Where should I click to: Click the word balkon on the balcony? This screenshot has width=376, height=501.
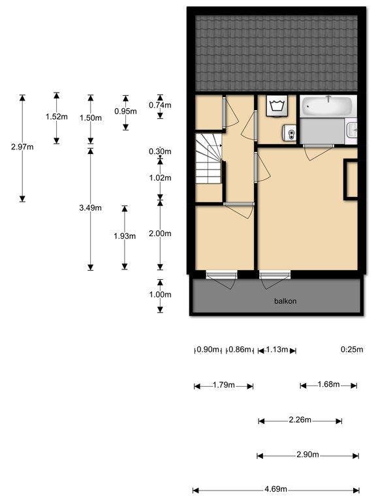pyautogui.click(x=285, y=301)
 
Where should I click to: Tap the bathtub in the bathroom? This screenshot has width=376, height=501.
pyautogui.click(x=328, y=106)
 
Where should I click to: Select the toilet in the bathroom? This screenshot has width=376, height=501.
pyautogui.click(x=290, y=134)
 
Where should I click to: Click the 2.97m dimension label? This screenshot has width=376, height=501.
pyautogui.click(x=22, y=147)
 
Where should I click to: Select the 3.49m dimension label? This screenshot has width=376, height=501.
pyautogui.click(x=90, y=207)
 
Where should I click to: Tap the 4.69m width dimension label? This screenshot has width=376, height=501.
pyautogui.click(x=276, y=489)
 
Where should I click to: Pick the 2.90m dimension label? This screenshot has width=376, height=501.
pyautogui.click(x=307, y=455)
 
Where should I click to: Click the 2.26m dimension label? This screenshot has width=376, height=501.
pyautogui.click(x=300, y=420)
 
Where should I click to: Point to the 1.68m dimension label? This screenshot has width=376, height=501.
pyautogui.click(x=328, y=384)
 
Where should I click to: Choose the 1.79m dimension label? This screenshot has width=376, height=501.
pyautogui.click(x=223, y=385)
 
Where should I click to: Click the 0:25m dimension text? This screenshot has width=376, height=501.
pyautogui.click(x=351, y=350)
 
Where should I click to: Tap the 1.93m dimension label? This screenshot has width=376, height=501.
pyautogui.click(x=125, y=235)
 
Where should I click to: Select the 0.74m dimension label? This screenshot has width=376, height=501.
pyautogui.click(x=160, y=105)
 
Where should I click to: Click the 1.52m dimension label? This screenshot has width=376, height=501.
pyautogui.click(x=56, y=117)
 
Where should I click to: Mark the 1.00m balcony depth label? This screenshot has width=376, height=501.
pyautogui.click(x=160, y=294)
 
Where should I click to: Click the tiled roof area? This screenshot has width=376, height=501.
pyautogui.click(x=277, y=52)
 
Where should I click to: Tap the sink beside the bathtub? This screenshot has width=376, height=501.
pyautogui.click(x=352, y=130)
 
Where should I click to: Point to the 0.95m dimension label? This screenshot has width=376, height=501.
pyautogui.click(x=125, y=111)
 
